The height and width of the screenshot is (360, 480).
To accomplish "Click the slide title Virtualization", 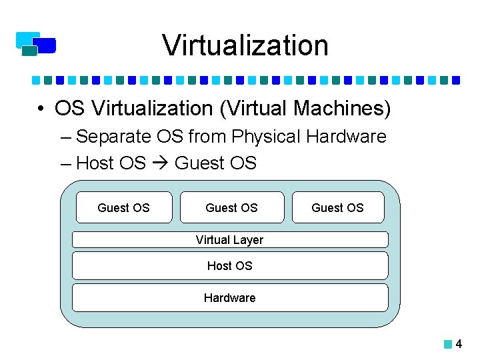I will pos(245,45).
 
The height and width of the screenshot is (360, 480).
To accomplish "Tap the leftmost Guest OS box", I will pos(124,207).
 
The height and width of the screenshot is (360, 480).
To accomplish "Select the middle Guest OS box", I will pos(231,207).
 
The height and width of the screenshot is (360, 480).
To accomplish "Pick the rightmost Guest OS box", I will pos(338,207).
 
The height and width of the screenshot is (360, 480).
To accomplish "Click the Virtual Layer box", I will pos(229,239).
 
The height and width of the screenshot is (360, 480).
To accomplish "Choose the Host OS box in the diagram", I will pos(229,265).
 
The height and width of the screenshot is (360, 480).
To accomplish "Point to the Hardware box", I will pos(229,297).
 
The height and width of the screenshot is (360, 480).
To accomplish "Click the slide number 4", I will pos(459,345).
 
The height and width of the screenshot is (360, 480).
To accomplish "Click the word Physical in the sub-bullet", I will pos(265,137).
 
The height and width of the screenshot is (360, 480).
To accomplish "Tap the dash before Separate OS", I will pos(65,137).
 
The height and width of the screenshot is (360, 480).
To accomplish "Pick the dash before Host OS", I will pos(65,163).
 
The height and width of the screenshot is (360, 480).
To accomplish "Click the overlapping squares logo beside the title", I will pos(36,43).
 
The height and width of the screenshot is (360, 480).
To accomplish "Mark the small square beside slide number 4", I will pos(448,345).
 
